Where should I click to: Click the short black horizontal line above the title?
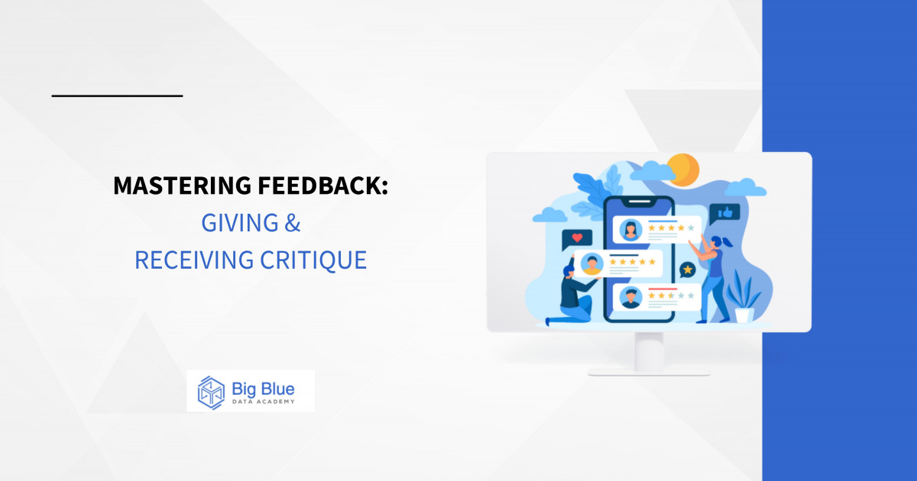(117, 95)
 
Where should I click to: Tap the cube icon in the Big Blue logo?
(210, 391)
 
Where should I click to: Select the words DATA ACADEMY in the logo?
(262, 402)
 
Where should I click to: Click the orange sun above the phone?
(682, 168)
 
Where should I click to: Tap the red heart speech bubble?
(576, 239)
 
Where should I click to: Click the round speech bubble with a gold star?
(688, 270)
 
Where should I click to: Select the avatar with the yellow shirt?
(591, 264)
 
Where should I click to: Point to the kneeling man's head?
(569, 268)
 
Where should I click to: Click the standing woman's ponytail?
(727, 242)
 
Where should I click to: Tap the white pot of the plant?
(744, 314)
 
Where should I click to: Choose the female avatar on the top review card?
(630, 228)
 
